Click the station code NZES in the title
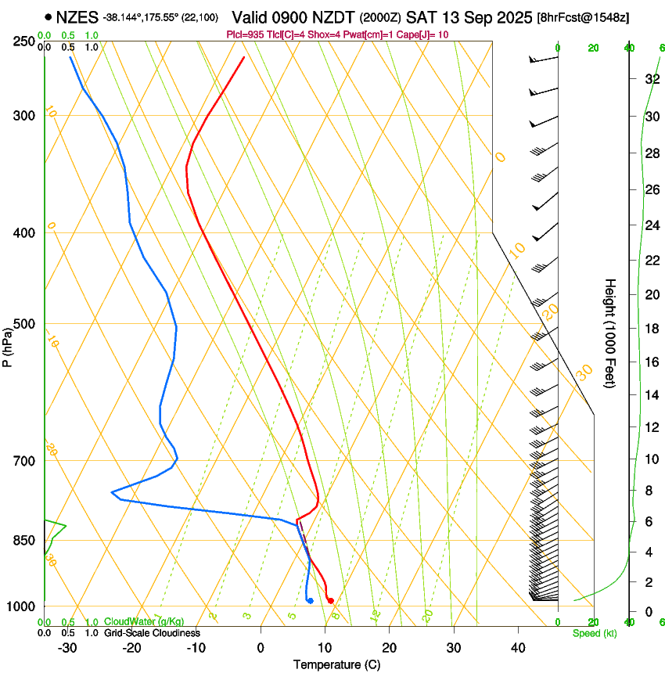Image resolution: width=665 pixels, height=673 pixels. [77, 16]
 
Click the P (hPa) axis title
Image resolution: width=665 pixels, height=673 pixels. [8, 344]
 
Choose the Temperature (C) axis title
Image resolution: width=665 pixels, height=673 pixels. [336, 664]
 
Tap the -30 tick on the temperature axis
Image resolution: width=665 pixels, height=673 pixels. [67, 647]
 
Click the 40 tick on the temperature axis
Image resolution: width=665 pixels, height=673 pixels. [517, 647]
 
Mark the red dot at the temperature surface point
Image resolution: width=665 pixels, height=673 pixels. [331, 600]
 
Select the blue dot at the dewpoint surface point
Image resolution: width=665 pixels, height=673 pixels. [311, 600]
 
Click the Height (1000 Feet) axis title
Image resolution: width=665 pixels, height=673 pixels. [610, 333]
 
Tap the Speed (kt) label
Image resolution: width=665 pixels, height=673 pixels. [595, 633]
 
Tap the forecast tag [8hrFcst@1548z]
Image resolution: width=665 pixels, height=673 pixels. [583, 17]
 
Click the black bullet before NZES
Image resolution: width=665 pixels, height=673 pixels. [49, 16]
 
